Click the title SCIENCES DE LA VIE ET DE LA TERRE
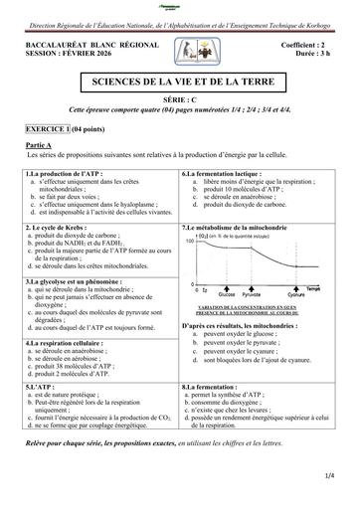pos(180,77)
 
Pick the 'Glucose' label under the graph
pos(225,296)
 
